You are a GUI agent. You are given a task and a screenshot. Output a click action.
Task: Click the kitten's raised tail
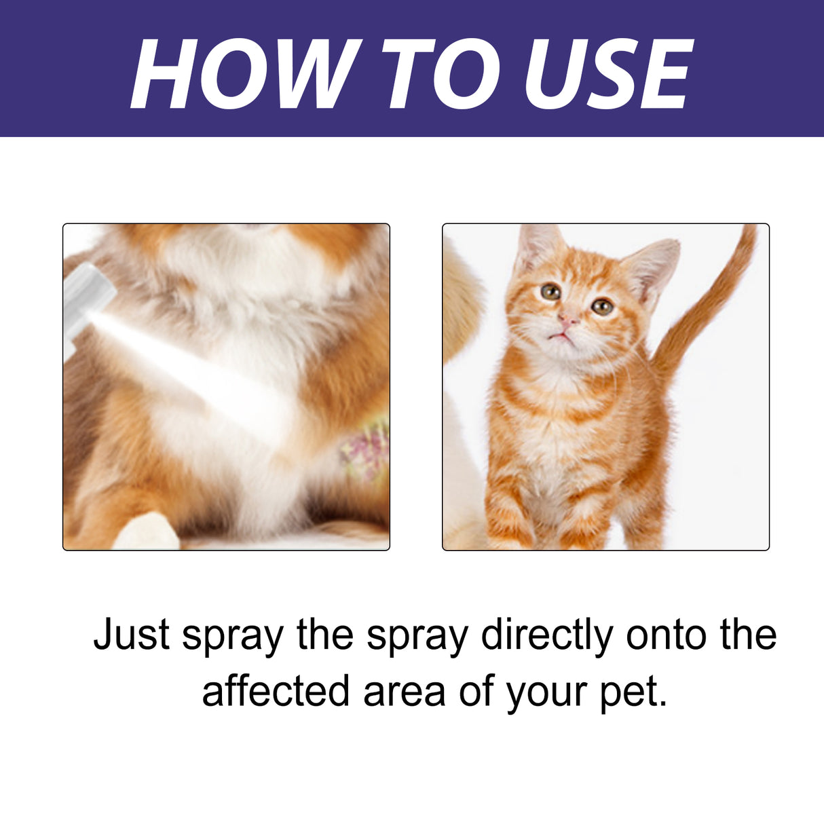pyautogui.click(x=713, y=305)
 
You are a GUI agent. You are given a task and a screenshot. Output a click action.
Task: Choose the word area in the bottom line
pyautogui.click(x=405, y=692)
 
